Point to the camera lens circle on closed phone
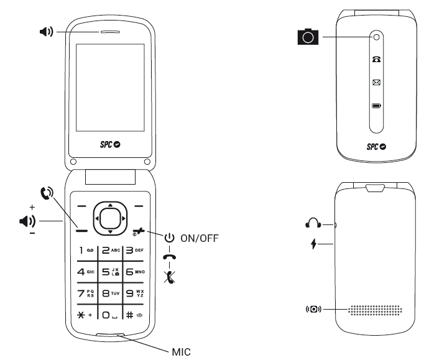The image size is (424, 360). pyautogui.click(x=377, y=37)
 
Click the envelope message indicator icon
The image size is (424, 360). pyautogui.click(x=377, y=81)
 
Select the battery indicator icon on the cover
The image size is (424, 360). pyautogui.click(x=377, y=106)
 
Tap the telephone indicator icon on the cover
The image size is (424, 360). pyautogui.click(x=377, y=60)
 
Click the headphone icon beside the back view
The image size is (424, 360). pyautogui.click(x=313, y=223)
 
